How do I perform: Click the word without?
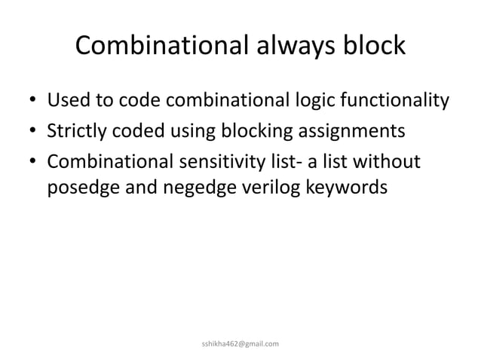click(x=388, y=163)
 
